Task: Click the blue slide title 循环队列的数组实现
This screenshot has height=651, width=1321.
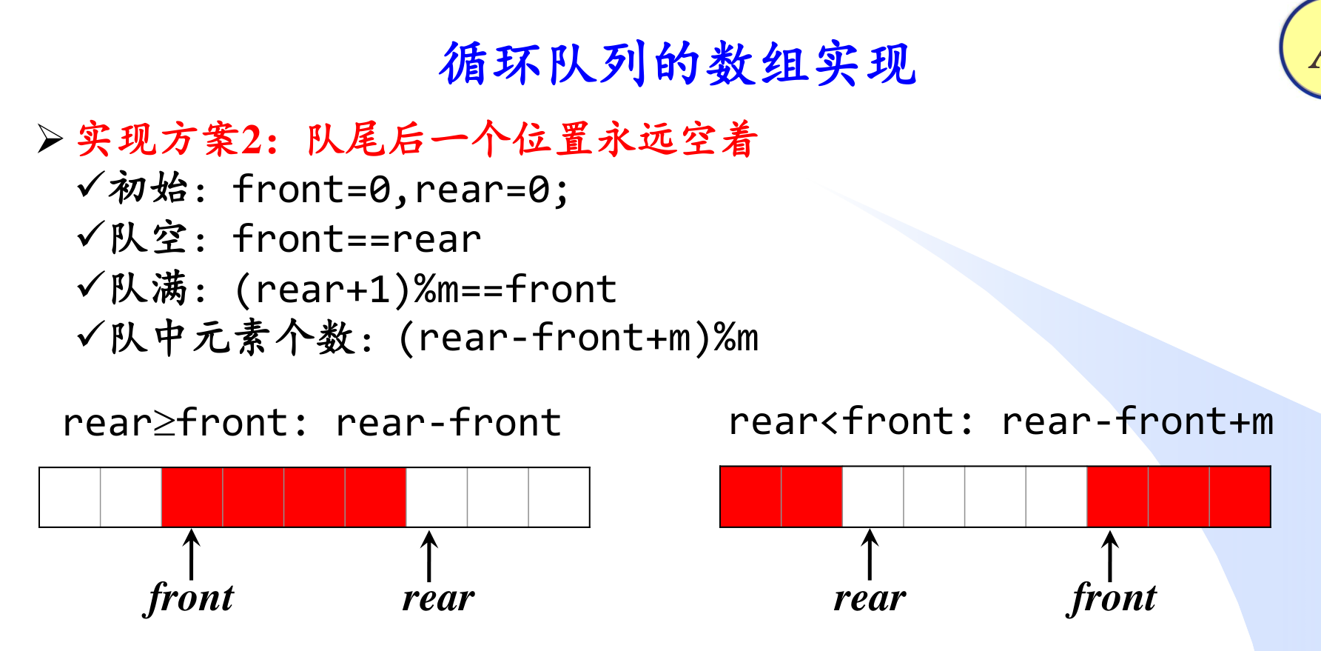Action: (677, 64)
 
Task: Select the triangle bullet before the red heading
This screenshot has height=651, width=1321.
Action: (50, 138)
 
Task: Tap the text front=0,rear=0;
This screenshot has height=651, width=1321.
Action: (401, 190)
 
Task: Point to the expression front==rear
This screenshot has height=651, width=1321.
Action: (357, 239)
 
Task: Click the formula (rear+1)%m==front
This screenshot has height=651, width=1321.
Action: (426, 289)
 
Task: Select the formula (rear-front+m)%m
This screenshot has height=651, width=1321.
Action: (578, 338)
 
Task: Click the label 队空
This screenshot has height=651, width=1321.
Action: (148, 238)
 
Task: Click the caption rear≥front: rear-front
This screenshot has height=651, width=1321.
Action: (312, 423)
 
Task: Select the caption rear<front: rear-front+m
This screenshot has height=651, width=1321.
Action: (1001, 421)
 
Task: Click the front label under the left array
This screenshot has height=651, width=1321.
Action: (190, 598)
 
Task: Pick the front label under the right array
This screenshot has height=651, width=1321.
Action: (1112, 598)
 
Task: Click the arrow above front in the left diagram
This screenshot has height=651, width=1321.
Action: (192, 554)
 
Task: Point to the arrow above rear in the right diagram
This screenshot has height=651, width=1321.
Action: (870, 554)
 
